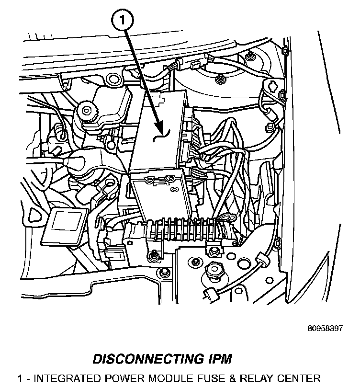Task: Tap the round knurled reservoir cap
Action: coord(88,111)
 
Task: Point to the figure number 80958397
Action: coord(326,329)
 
